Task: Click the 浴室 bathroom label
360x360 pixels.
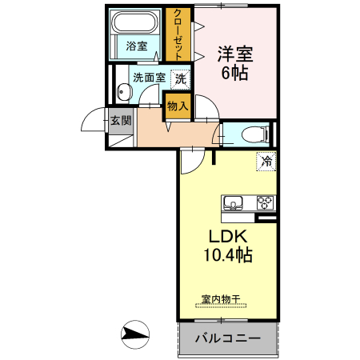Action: coord(137,46)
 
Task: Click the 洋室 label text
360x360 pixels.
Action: coord(235,54)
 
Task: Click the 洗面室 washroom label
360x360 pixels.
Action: coord(149,78)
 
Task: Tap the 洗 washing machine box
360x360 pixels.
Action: coord(182,78)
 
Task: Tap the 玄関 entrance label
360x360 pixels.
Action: coord(121,121)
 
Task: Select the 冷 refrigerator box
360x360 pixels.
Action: coord(266,161)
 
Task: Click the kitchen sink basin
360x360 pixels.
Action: coord(234,202)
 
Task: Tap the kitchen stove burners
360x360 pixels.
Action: coord(265,202)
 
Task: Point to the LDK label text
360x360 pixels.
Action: coord(231,238)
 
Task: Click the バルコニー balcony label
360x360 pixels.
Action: coord(227,339)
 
